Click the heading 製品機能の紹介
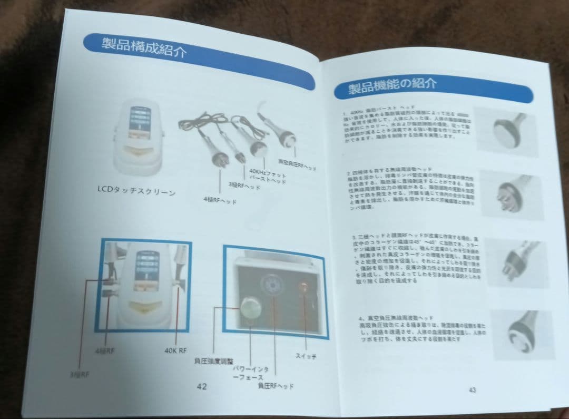(392, 85)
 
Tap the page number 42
(202, 386)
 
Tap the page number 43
(472, 389)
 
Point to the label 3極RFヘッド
(244, 185)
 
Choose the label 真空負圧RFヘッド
(298, 165)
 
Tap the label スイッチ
(306, 356)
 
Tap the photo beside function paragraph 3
(514, 261)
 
